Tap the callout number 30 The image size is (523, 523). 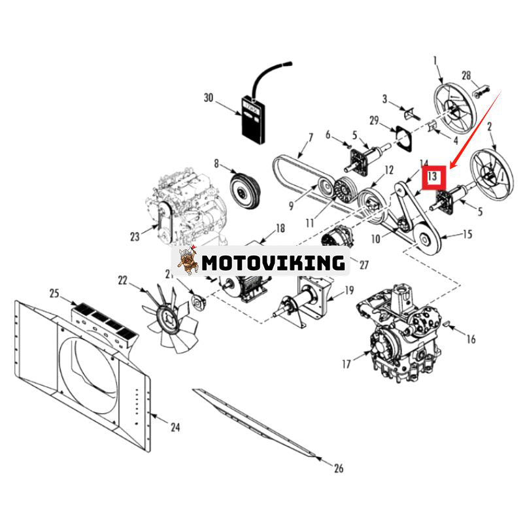pyautogui.click(x=209, y=98)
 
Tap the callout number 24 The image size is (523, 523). pyautogui.click(x=175, y=428)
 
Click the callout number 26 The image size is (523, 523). pyautogui.click(x=337, y=468)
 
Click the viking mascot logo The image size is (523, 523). pyautogui.click(x=188, y=261)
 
